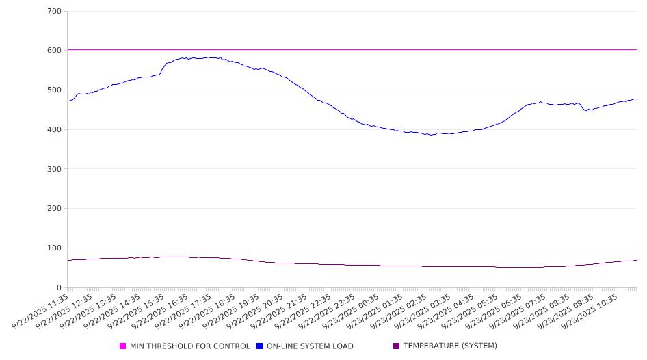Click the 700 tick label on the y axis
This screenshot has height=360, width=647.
[x=55, y=12]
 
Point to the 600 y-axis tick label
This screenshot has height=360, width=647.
[x=55, y=51]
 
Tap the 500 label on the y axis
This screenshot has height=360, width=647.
[x=55, y=90]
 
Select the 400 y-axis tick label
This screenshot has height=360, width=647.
[x=55, y=130]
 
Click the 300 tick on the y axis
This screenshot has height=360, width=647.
[x=55, y=169]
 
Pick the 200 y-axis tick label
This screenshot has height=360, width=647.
[x=55, y=209]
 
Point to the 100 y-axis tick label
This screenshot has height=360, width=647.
[x=55, y=248]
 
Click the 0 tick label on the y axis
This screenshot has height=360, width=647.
[x=60, y=288]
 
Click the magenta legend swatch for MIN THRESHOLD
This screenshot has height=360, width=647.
[x=123, y=346]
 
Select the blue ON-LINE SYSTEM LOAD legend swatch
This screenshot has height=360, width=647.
[x=260, y=346]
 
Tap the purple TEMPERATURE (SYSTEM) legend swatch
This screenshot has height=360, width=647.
[x=397, y=346]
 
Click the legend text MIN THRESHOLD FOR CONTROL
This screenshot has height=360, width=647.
[x=189, y=346]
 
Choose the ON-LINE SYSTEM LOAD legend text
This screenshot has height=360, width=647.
[x=310, y=346]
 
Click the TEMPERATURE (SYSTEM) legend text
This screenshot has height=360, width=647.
[x=450, y=346]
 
